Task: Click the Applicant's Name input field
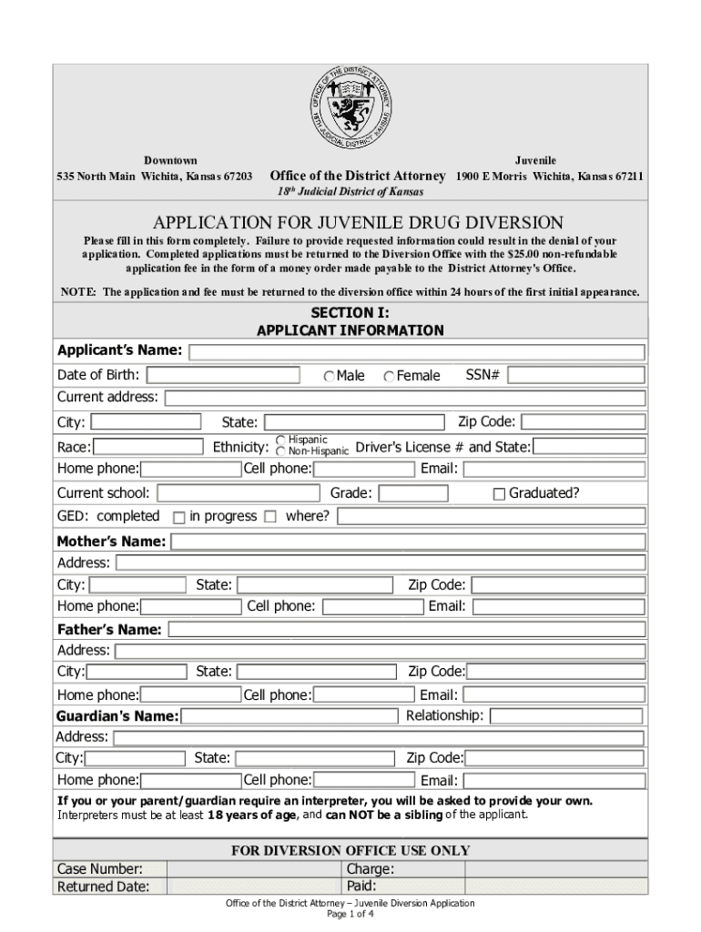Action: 417,352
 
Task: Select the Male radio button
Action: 329,377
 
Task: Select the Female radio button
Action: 390,377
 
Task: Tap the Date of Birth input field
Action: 223,375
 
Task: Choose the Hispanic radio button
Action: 281,441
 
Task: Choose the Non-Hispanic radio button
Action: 281,451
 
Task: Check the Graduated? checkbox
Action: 499,494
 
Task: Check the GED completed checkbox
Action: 179,517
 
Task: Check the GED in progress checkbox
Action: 269,517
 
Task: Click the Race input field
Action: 149,447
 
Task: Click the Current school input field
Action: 238,493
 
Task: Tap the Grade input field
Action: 413,493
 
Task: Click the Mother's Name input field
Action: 408,542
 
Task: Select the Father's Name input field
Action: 406,630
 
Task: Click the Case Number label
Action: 100,869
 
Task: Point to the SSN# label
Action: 483,375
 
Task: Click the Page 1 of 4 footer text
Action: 350,914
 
